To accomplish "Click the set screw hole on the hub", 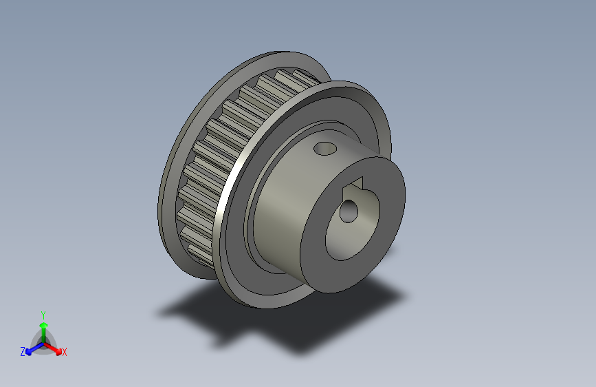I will [x=323, y=147].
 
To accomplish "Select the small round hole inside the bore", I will [x=349, y=211].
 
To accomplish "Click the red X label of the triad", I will [x=65, y=352].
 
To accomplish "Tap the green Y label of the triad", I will [x=43, y=314].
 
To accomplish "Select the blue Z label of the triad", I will [x=23, y=351].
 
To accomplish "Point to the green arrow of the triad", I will [x=43, y=331].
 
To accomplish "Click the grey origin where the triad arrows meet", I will [x=43, y=342].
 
